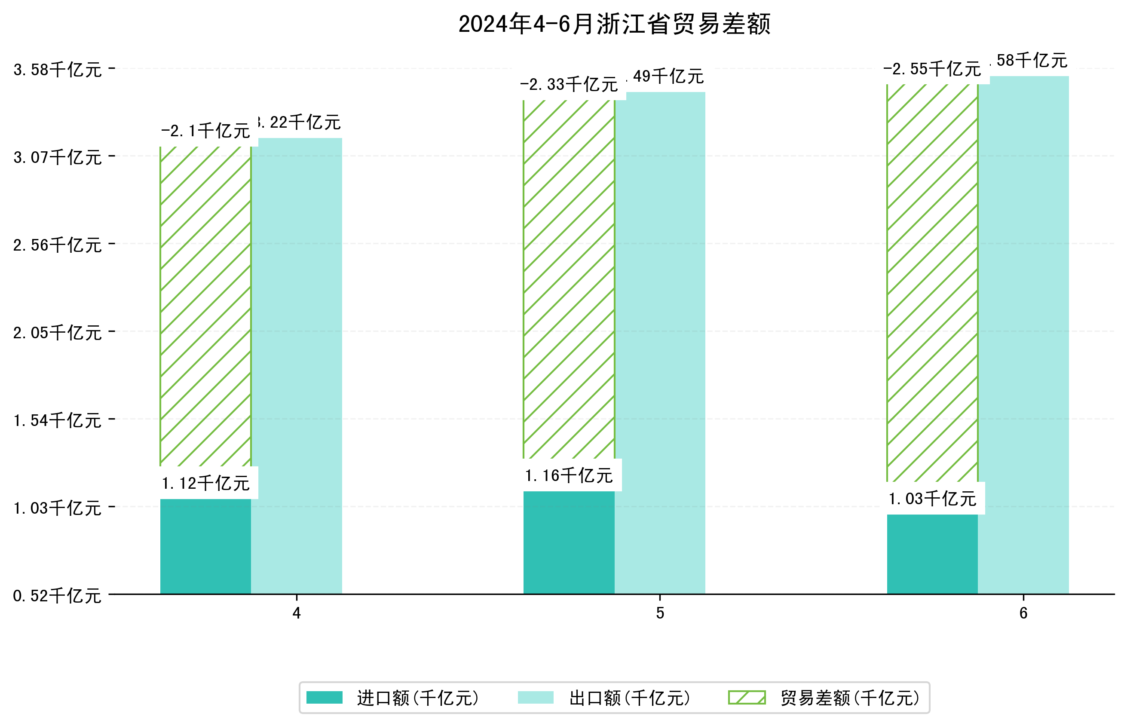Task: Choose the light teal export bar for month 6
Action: (1023, 335)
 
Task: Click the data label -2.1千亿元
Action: (205, 131)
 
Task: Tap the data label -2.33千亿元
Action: (569, 84)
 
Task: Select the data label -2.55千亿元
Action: (932, 69)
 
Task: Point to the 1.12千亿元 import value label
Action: (205, 483)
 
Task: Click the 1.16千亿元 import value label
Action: (569, 476)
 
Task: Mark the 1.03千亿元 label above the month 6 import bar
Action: (932, 499)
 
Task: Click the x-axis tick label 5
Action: (660, 613)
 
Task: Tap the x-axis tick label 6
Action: (1023, 613)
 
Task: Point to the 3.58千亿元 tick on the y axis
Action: (58, 70)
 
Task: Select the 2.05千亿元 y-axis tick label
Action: (58, 333)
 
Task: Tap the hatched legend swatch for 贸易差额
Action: (747, 698)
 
